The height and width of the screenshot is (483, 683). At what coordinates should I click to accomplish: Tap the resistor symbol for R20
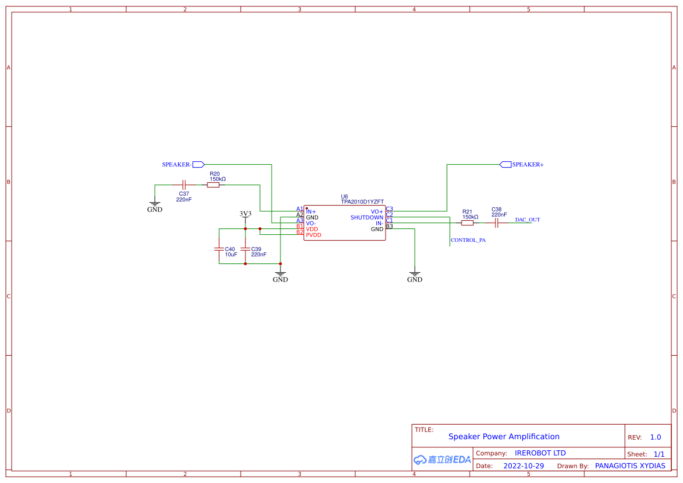pyautogui.click(x=213, y=185)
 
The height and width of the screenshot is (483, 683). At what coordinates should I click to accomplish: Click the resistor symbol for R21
pyautogui.click(x=467, y=223)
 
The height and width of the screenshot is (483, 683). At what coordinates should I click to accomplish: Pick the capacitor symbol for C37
pyautogui.click(x=183, y=185)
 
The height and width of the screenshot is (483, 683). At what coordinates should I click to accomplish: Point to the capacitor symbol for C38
pyautogui.click(x=496, y=223)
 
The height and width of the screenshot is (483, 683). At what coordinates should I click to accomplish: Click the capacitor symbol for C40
pyautogui.click(x=219, y=249)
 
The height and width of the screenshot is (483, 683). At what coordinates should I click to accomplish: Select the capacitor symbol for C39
pyautogui.click(x=245, y=249)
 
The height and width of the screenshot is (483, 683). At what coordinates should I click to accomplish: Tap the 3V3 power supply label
pyautogui.click(x=245, y=214)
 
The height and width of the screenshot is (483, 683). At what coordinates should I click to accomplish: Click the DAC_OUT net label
pyautogui.click(x=527, y=220)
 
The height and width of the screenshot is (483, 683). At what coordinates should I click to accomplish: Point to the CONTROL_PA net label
pyautogui.click(x=468, y=240)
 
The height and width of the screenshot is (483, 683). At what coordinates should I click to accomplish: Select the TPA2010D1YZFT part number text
pyautogui.click(x=362, y=201)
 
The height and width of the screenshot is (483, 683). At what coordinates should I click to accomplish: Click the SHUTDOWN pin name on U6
pyautogui.click(x=366, y=217)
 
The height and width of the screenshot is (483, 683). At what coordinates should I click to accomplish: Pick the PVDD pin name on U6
pyautogui.click(x=314, y=235)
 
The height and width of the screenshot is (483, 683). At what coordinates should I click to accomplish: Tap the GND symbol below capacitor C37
pyautogui.click(x=155, y=206)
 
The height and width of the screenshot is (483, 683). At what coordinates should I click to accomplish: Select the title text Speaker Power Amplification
pyautogui.click(x=504, y=436)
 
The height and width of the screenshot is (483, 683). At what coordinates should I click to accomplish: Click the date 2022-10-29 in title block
pyautogui.click(x=523, y=466)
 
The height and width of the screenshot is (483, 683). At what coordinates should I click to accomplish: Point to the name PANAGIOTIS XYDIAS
pyautogui.click(x=630, y=466)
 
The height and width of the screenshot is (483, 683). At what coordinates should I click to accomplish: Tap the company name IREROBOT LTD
pyautogui.click(x=540, y=453)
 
